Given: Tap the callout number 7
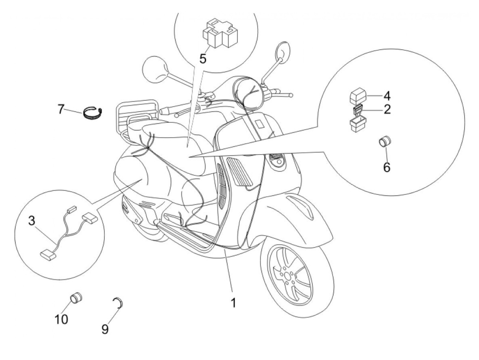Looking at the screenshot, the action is pyautogui.click(x=61, y=110).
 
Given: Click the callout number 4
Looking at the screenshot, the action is pyautogui.click(x=387, y=94).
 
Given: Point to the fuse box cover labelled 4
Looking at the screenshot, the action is pyautogui.click(x=357, y=94).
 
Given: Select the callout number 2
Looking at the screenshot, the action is pyautogui.click(x=387, y=110).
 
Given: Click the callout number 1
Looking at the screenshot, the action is pyautogui.click(x=233, y=303).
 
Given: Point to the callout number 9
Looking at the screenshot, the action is pyautogui.click(x=105, y=329).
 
